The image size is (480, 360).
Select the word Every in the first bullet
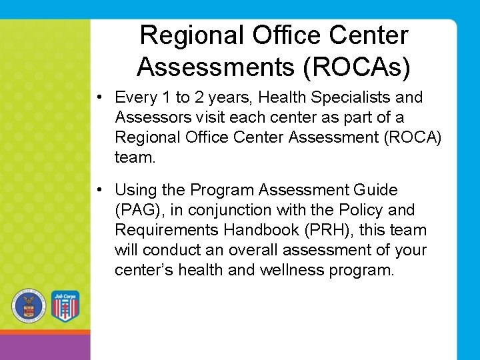136,97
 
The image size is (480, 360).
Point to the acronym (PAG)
141,211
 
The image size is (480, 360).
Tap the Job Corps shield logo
65,306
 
